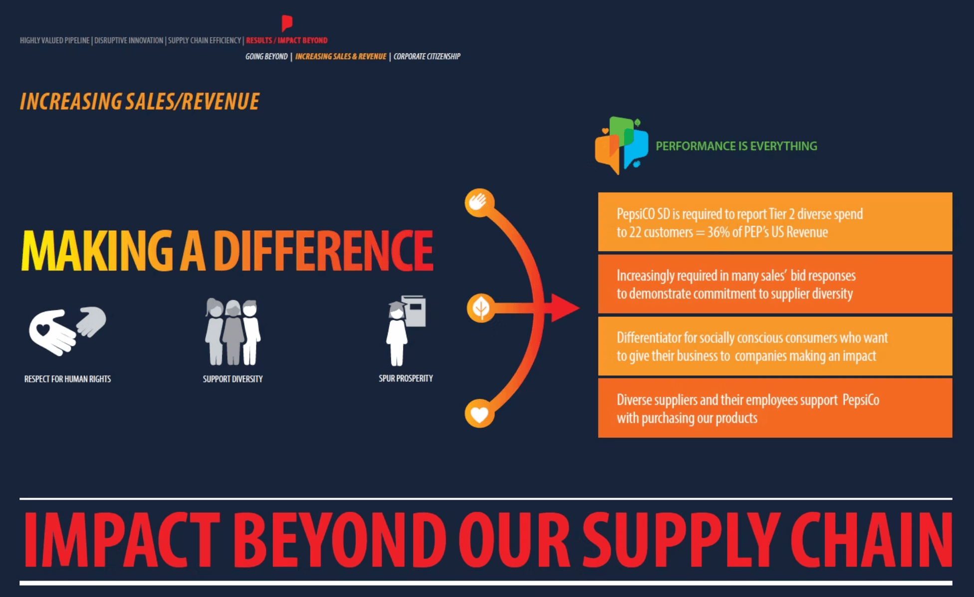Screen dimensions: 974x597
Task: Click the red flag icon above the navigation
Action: tap(287, 23)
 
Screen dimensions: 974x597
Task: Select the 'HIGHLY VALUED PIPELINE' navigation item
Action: tap(55, 40)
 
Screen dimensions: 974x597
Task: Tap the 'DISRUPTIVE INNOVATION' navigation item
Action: tap(129, 40)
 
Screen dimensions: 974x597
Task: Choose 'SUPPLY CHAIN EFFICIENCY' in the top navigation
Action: tap(205, 40)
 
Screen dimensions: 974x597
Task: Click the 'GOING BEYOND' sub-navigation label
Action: tap(266, 56)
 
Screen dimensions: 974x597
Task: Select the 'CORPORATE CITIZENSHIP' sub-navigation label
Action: tap(427, 56)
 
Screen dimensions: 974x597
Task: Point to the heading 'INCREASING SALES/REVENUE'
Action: tap(140, 101)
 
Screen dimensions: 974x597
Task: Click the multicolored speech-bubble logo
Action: tap(621, 145)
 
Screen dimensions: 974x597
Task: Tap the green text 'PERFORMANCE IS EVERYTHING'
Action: tap(736, 146)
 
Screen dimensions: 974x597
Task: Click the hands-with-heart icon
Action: tap(67, 330)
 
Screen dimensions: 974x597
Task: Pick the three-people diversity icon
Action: tap(233, 332)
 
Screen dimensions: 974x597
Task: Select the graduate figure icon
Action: tap(406, 330)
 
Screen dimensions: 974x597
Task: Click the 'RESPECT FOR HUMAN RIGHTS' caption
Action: tap(68, 379)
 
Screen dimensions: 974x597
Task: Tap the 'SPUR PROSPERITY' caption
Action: tap(406, 378)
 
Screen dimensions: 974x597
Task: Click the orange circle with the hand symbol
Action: tap(480, 203)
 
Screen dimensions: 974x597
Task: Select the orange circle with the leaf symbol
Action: tap(481, 308)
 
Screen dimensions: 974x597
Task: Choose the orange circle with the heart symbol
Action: tap(480, 413)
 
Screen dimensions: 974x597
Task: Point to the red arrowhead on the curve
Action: tap(564, 308)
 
